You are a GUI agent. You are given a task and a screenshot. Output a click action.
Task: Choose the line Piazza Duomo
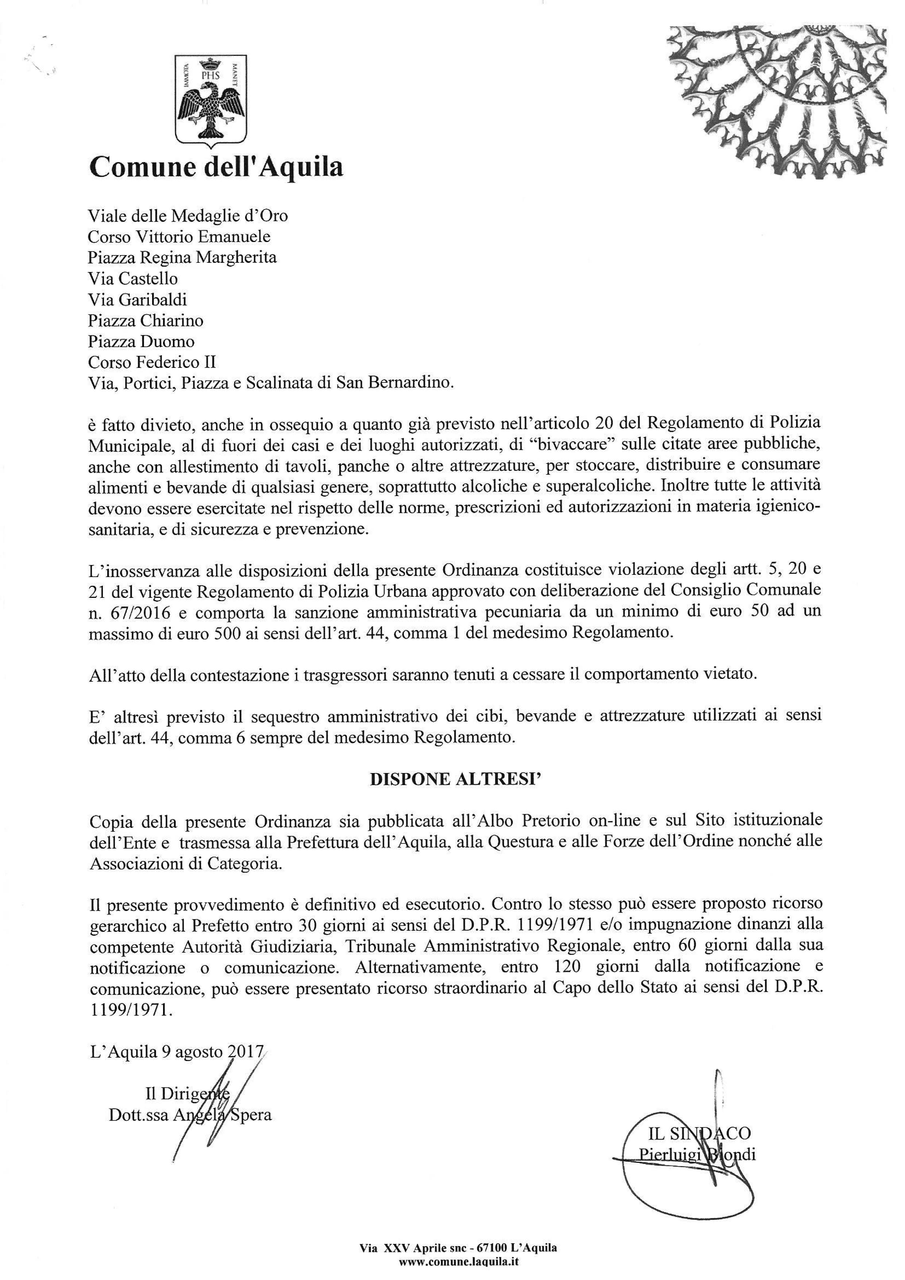pyautogui.click(x=141, y=341)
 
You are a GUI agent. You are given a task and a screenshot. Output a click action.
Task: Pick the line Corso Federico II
pyautogui.click(x=152, y=362)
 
